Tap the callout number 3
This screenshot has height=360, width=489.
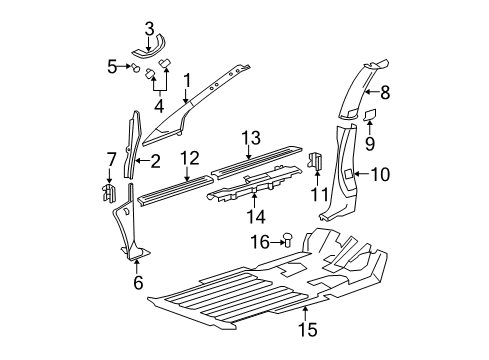coord(149,28)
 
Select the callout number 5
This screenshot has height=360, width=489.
coord(113,66)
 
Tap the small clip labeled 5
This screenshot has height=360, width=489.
coord(133,67)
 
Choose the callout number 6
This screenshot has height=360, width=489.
coord(138,282)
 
